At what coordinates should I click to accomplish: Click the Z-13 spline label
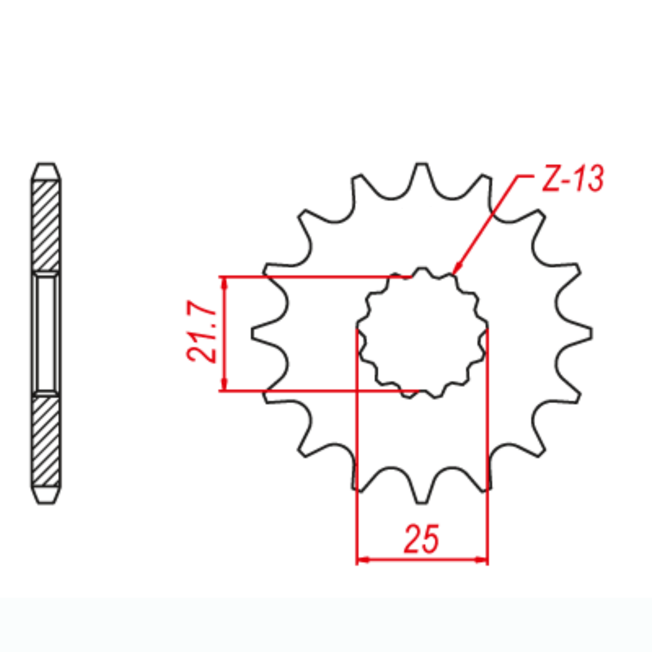572,179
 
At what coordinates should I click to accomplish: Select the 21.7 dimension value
203,333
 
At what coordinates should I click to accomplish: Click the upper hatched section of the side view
46,225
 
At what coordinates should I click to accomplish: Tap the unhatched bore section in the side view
46,333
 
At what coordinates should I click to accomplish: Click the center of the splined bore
422,333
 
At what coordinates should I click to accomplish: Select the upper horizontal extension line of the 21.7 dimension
304,277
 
